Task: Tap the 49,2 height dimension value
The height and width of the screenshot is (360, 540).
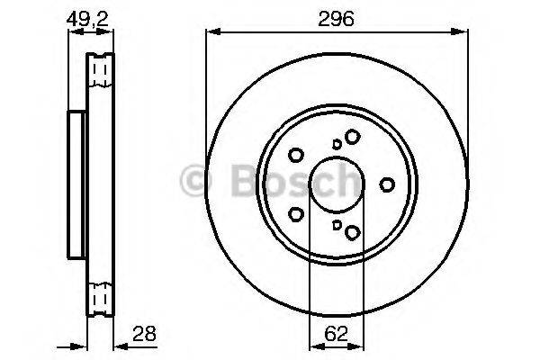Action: (x=87, y=16)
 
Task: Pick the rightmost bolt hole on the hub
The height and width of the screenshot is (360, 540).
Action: (x=388, y=184)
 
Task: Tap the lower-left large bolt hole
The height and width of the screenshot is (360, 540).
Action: (x=296, y=215)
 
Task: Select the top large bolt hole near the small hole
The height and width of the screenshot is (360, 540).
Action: (x=352, y=136)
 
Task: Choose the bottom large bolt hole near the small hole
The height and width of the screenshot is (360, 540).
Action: (x=352, y=233)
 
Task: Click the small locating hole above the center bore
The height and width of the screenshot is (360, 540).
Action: (x=337, y=143)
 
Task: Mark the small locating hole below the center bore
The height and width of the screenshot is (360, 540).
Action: (x=337, y=226)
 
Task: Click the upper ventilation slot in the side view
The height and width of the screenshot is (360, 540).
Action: (x=100, y=69)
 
